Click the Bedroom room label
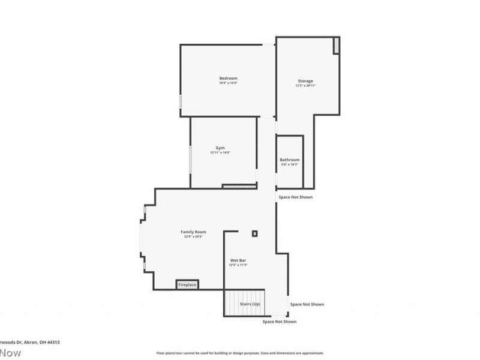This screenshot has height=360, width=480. pos(228,79)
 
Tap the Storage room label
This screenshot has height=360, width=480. pos(305,81)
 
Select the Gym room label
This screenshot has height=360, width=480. pos(220,148)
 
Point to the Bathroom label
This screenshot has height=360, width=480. pos(289,160)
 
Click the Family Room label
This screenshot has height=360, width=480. pos(193,232)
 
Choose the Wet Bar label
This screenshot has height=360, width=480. pos(238,260)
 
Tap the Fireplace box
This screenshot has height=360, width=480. pos(187,284)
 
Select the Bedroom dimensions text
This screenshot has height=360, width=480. pos(228,83)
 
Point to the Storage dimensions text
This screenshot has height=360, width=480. pos(305,86)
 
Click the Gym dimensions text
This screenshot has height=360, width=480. pos(220,152)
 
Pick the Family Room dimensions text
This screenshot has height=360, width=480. pos(193,236)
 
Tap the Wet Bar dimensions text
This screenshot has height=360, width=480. pos(238,265)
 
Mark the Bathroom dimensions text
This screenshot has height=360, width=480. pos(289,164)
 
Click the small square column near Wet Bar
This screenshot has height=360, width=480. pos(254,233)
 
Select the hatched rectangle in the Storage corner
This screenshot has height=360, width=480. pos(337,46)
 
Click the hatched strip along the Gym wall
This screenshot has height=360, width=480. pos(239,187)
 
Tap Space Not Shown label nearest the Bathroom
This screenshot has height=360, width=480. pos(295,197)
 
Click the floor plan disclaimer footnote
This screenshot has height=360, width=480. pos(240,353)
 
